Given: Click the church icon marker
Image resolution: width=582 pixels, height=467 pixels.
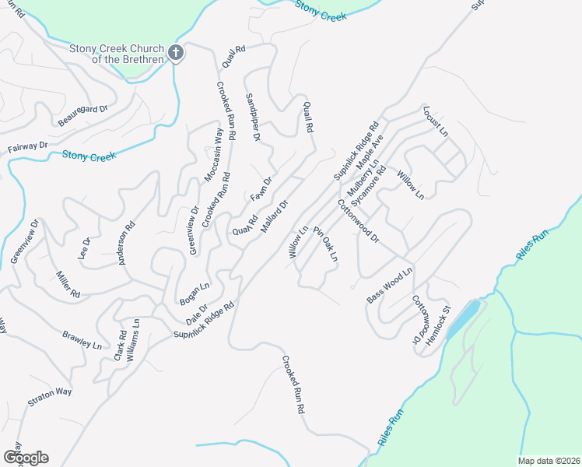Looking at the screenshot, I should coord(176,53).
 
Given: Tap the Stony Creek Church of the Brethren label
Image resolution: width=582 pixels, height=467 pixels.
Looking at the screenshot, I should coord(116,54).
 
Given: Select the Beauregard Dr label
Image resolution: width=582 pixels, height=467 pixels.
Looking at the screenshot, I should coord(82,115).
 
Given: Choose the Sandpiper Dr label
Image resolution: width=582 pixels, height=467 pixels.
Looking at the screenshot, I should coord(252,117).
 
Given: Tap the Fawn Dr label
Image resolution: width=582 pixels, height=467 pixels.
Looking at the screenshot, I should coord(261,189).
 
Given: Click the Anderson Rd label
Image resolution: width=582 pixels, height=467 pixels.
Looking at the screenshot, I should coord(126,242).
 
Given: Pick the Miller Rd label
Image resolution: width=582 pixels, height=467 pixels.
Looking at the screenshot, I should coord(68,285).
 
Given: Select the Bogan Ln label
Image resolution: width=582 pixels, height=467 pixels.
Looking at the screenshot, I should coord(195,293).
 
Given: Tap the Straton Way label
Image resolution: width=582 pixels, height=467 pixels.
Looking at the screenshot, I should coord(49,398).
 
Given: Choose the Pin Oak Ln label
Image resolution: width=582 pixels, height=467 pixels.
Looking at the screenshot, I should coord(325,244).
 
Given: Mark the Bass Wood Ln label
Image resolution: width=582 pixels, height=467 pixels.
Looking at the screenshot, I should coord(390,285).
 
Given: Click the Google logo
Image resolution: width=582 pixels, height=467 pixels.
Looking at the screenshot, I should coord(26,457).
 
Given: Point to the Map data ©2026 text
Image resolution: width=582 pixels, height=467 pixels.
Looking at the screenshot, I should coord(548,460).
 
